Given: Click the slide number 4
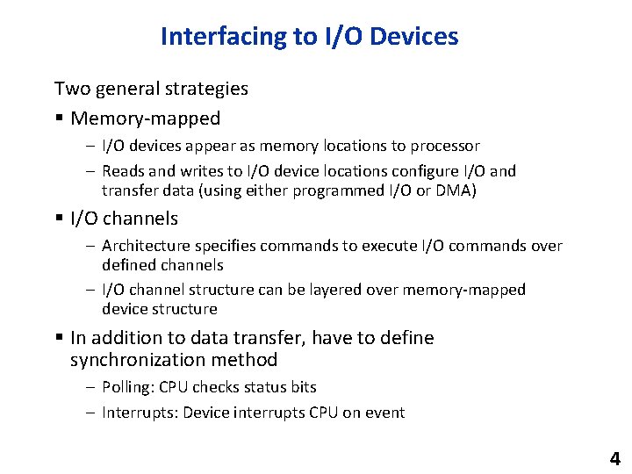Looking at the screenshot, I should (x=614, y=458).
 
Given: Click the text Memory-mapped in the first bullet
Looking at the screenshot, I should (x=145, y=118).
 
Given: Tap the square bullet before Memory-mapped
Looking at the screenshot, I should (x=59, y=118).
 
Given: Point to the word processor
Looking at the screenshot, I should (x=445, y=146).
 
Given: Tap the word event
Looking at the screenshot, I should (x=386, y=413).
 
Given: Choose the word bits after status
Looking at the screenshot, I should (x=299, y=387).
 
